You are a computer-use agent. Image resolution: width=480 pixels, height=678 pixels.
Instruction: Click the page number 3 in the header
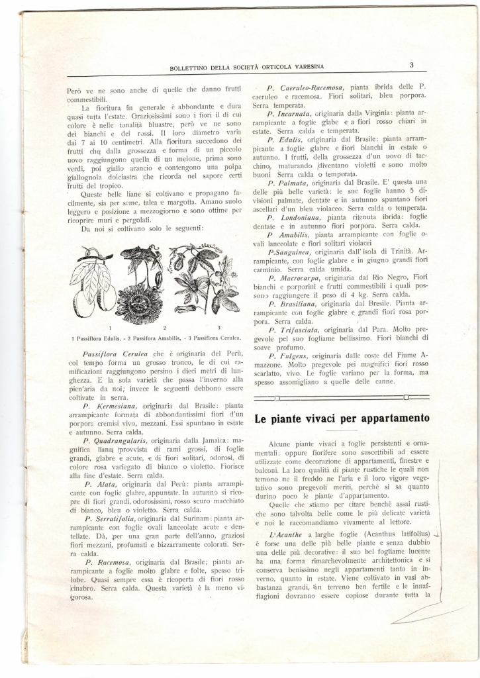(411, 65)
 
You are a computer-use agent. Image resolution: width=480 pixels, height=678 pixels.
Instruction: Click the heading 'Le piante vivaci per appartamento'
(342, 418)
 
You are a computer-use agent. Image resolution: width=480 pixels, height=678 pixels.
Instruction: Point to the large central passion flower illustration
(141, 285)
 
